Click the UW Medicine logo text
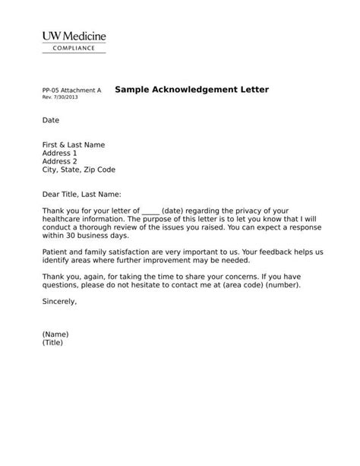74,36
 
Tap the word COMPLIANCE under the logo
74,48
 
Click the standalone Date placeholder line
50,120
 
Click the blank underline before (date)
150,211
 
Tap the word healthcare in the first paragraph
62,219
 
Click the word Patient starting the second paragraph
55,252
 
